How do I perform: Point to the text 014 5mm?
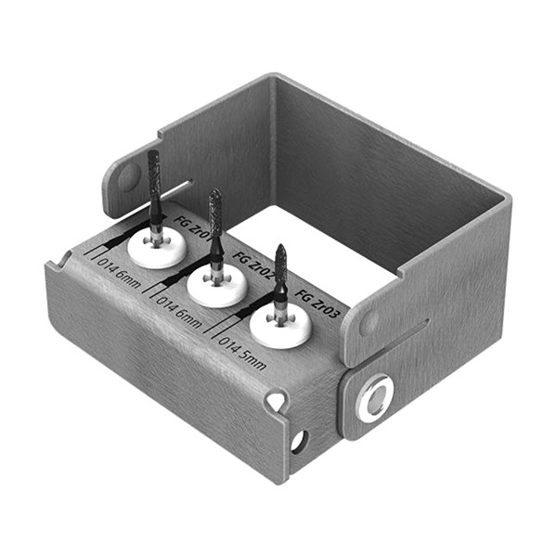coord(243,352)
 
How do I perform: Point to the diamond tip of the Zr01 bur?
coord(154,181)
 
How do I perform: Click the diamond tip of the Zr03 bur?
coord(280,264)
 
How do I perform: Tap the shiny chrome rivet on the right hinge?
coord(375,397)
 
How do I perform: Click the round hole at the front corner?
coord(298,441)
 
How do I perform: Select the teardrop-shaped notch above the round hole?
coord(276,401)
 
